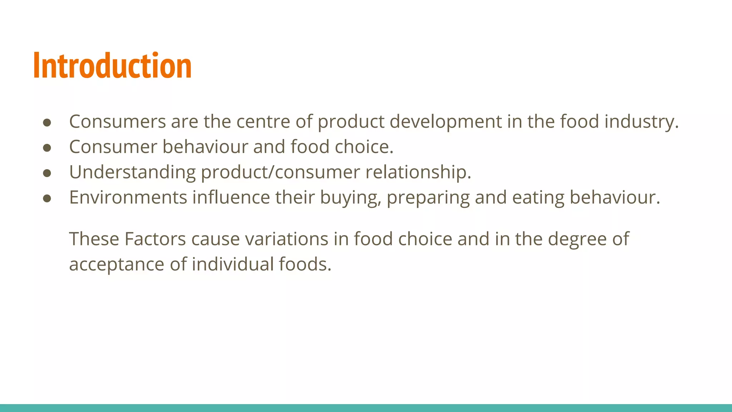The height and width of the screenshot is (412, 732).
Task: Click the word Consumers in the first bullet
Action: (x=117, y=121)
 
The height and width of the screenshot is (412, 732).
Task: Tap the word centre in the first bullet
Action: (x=263, y=121)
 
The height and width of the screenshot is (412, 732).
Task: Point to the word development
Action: (x=445, y=122)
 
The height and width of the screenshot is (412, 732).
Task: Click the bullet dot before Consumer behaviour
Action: (x=47, y=148)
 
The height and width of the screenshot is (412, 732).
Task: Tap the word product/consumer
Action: (x=280, y=172)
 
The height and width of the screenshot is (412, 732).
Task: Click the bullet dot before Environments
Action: (x=47, y=198)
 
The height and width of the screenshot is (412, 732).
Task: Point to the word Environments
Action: (x=128, y=197)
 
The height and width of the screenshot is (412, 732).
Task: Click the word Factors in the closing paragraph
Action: (x=155, y=239)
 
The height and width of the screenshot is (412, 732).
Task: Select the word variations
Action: (x=286, y=239)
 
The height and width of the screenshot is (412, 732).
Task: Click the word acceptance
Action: (x=117, y=265)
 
